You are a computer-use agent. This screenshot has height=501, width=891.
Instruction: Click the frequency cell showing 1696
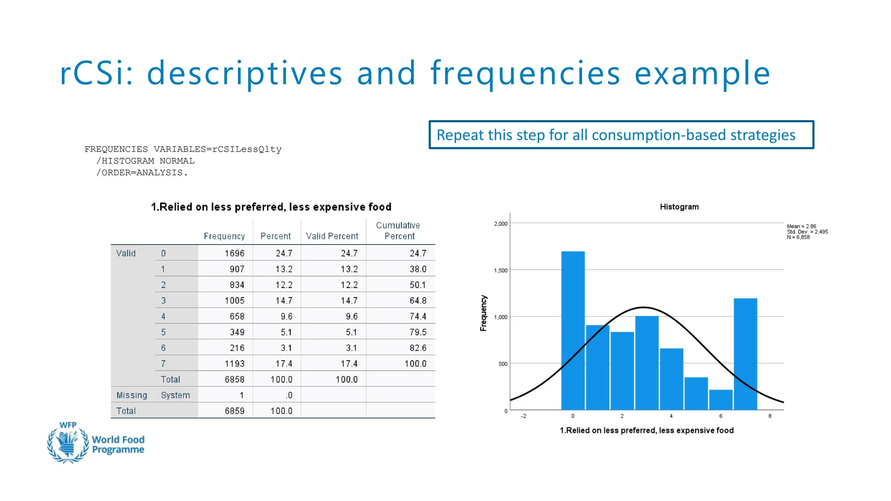[x=234, y=253]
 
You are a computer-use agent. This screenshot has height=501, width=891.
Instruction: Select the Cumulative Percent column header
[x=399, y=231]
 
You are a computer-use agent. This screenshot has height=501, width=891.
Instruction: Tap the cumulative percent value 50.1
[x=418, y=285]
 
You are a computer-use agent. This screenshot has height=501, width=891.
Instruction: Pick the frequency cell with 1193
[x=234, y=364]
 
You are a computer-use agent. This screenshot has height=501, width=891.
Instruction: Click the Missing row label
[x=131, y=395]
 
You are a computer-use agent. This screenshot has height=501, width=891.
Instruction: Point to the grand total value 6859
[x=234, y=411]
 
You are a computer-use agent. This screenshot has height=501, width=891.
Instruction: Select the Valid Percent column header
[x=332, y=236]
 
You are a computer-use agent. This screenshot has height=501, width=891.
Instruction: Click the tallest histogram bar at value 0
[x=573, y=331]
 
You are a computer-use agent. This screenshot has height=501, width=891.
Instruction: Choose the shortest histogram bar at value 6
[x=720, y=400]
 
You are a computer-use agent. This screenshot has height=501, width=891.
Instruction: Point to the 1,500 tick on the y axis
[x=500, y=271]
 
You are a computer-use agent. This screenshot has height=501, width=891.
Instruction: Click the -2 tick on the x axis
[x=524, y=416]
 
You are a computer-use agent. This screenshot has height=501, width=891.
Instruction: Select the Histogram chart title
[x=679, y=207]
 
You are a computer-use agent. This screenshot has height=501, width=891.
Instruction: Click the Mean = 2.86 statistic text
[x=801, y=226]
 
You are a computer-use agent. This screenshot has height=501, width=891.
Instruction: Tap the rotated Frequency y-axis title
[x=483, y=313]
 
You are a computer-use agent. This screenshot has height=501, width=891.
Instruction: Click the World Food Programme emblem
[x=67, y=444]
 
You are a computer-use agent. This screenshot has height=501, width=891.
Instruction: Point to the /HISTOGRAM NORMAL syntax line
[x=145, y=161]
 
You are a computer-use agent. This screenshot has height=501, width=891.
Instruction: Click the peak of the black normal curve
[x=644, y=307]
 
